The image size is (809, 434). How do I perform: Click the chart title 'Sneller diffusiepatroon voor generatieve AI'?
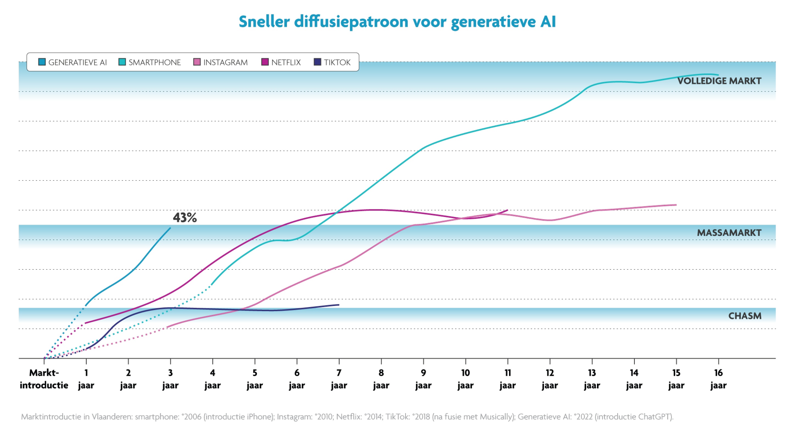[397, 22]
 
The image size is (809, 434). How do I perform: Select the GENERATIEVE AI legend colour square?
[42, 62]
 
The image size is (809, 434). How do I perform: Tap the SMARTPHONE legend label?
[154, 63]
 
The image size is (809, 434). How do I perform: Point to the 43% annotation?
[185, 217]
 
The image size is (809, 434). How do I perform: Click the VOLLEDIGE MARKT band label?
[719, 81]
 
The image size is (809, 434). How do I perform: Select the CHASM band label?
[745, 316]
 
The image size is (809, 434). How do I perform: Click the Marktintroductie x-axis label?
[44, 379]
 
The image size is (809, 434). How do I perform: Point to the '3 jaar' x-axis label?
[170, 379]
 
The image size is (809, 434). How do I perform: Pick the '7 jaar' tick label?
[339, 379]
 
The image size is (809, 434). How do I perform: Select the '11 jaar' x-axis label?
[507, 379]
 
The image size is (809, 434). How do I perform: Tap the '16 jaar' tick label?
[718, 379]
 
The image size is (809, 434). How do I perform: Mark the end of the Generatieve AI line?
[171, 228]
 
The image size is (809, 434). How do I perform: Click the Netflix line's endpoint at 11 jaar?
[507, 210]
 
